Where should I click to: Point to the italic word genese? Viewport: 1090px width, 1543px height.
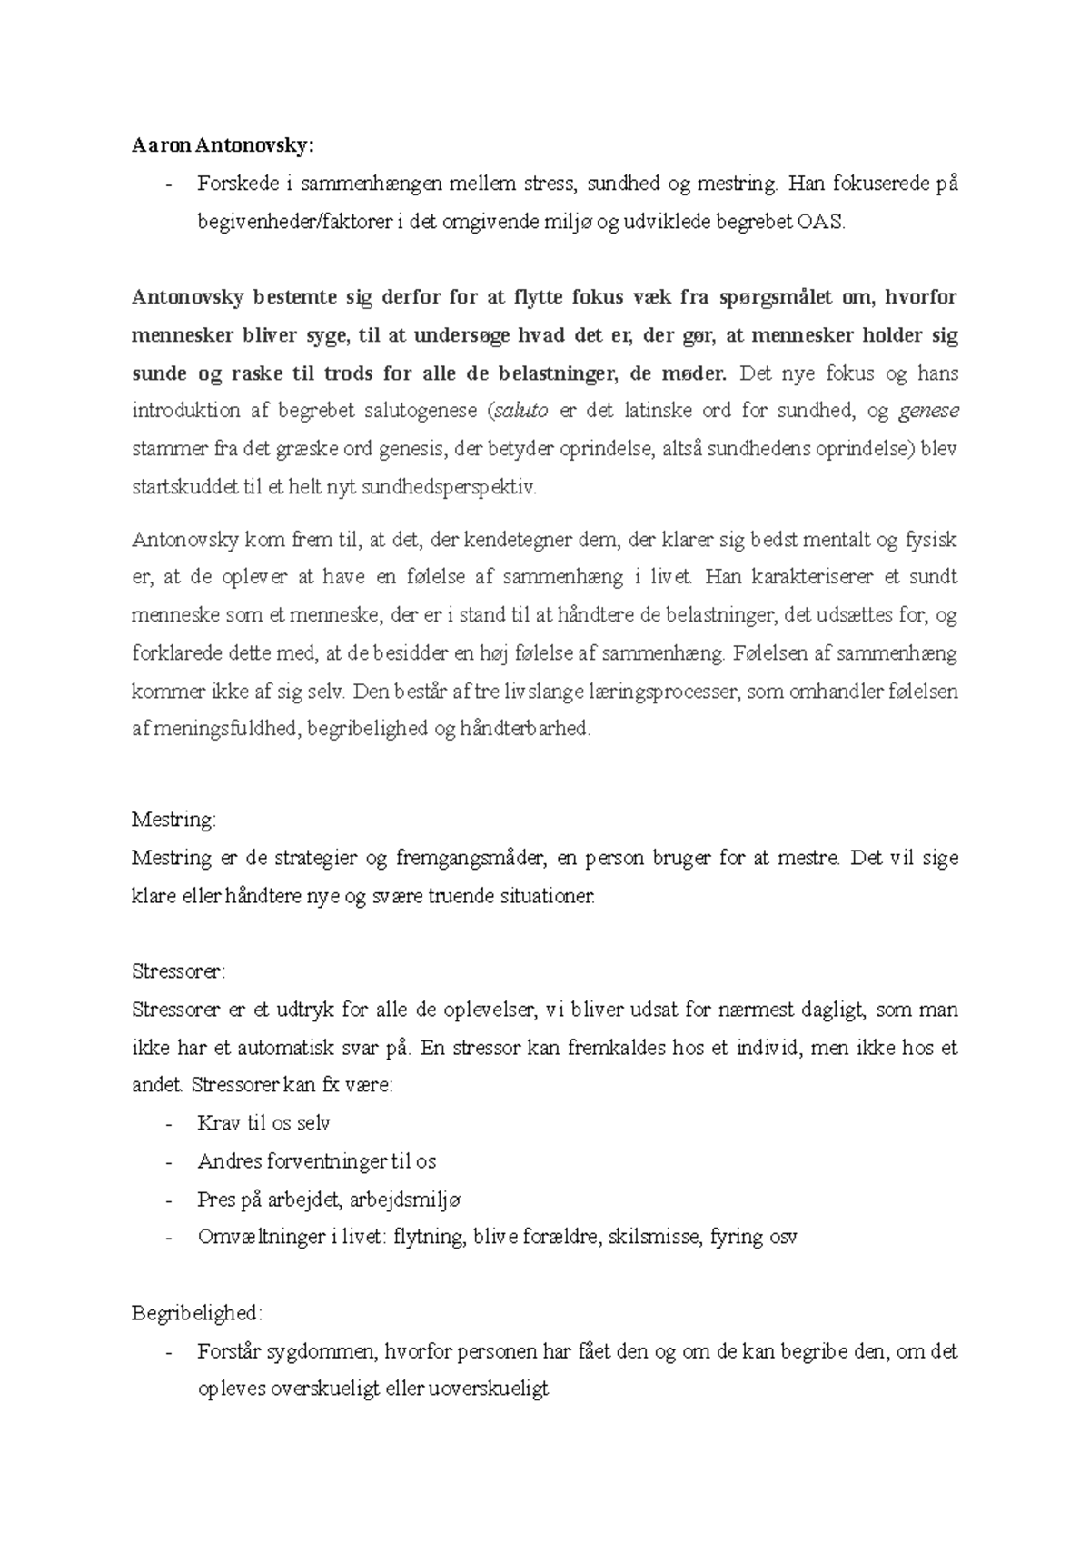pos(928,411)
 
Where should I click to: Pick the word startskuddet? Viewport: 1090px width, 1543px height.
pos(185,487)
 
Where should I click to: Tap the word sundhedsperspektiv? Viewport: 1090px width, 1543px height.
pos(449,487)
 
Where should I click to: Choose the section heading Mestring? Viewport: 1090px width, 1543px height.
pos(174,820)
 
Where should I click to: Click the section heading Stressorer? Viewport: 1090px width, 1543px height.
pos(178,971)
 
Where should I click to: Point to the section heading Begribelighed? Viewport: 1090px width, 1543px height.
pos(197,1313)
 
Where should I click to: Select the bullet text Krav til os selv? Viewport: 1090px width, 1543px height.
pos(263,1123)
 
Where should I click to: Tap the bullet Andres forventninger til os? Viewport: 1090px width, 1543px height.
pos(316,1161)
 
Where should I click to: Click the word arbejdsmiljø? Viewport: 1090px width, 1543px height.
pos(405,1200)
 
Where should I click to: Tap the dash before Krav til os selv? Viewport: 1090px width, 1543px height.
pos(169,1124)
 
